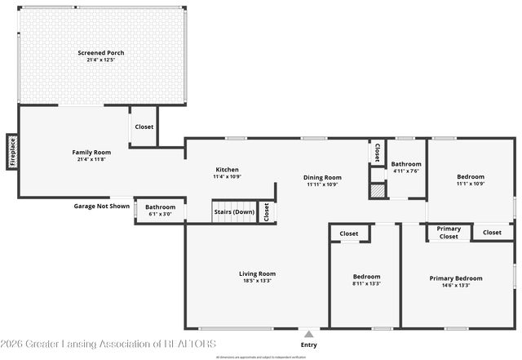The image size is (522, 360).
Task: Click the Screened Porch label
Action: [101, 53]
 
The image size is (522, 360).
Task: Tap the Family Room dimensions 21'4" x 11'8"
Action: [91, 159]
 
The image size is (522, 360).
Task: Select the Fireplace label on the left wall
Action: [12, 152]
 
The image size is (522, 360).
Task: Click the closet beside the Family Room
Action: [144, 127]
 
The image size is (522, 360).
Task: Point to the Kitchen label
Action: [227, 169]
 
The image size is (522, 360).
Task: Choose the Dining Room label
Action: [322, 177]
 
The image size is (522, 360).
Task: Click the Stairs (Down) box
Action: [234, 212]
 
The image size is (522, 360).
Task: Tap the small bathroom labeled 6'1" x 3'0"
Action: [160, 211]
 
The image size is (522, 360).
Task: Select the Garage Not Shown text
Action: [102, 207]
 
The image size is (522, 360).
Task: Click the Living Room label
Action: [257, 273]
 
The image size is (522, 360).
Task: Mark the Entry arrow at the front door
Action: [308, 333]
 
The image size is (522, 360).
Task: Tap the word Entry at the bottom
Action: [308, 344]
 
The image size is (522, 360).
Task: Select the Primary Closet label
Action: [449, 233]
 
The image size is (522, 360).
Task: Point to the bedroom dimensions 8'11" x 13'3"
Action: [366, 283]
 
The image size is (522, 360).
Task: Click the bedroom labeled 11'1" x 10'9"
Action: [471, 180]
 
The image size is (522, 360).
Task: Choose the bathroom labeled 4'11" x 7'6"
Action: [406, 167]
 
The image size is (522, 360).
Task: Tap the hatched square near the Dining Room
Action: [376, 191]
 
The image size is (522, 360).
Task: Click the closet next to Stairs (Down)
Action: [266, 212]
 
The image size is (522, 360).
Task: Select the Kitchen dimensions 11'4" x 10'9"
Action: [227, 176]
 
